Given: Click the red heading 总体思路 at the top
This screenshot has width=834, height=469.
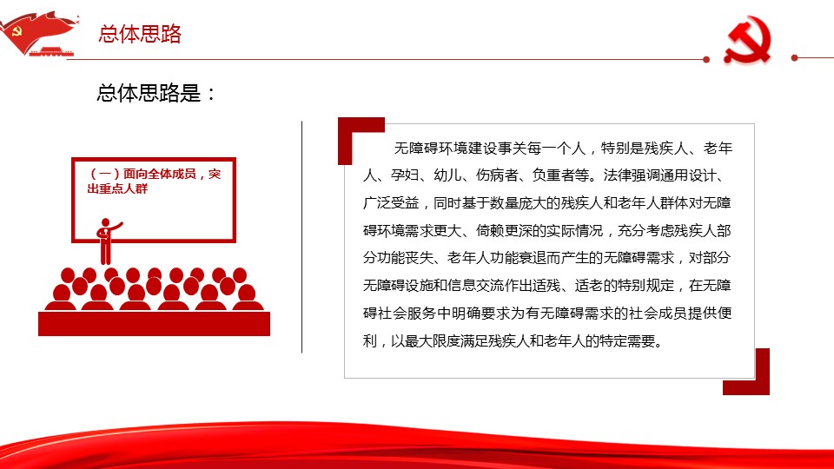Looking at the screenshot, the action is (140, 34).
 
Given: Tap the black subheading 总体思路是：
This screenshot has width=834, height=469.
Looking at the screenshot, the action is (156, 93).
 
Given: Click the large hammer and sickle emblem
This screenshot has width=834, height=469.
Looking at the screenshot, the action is (747, 41).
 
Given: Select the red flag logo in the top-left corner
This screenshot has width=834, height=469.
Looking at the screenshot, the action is (39, 33).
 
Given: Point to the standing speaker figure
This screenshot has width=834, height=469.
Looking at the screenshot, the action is (106, 241).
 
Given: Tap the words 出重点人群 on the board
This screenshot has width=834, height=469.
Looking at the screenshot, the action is (117, 188).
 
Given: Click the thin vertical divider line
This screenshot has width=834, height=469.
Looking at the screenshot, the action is (301, 236).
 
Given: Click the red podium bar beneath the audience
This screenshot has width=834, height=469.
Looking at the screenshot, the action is (155, 323).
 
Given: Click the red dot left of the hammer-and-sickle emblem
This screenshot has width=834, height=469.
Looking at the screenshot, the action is (706, 59).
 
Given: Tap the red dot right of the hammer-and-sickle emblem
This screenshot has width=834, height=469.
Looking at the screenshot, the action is (795, 57).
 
